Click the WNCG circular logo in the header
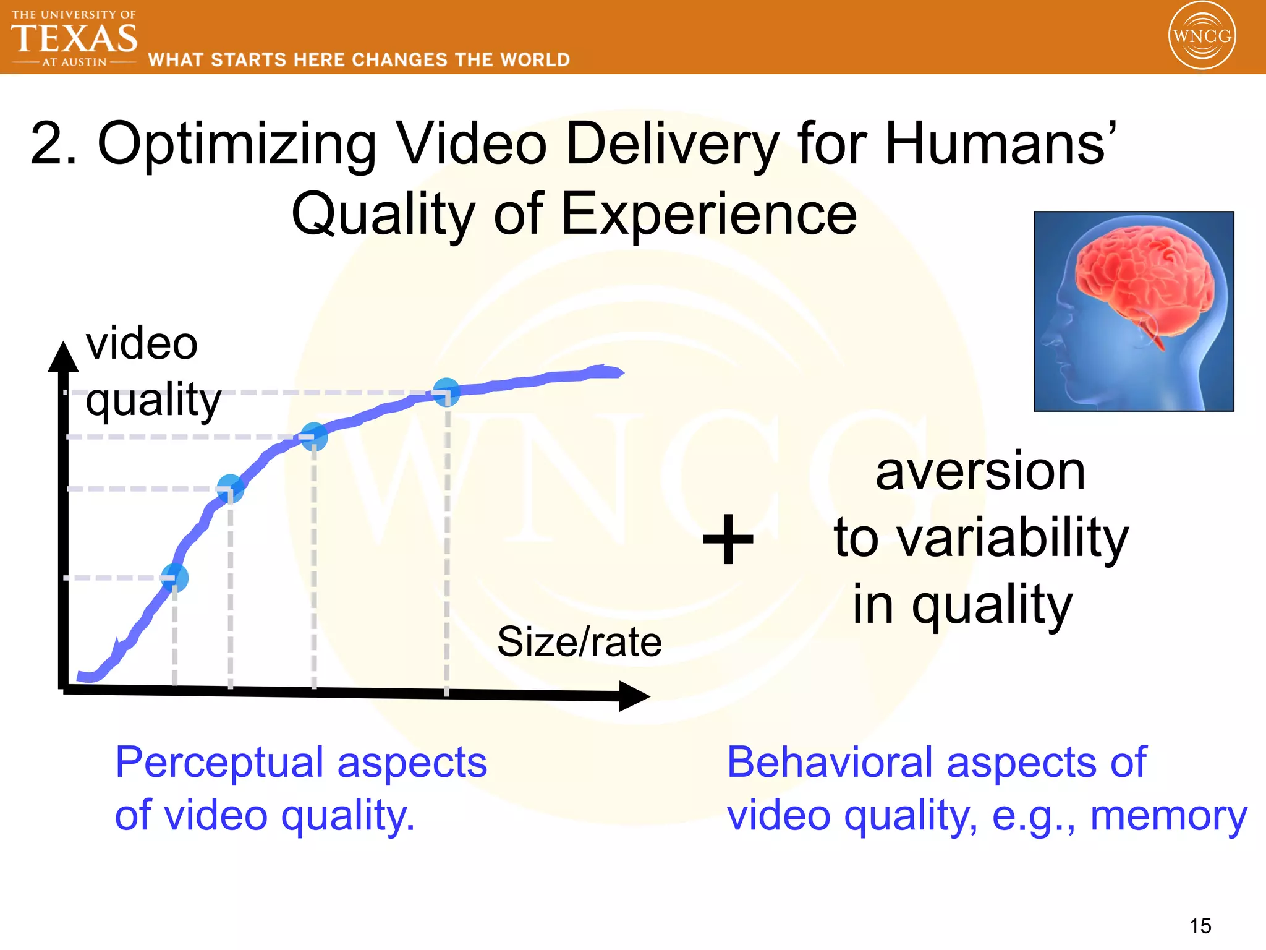pyautogui.click(x=1201, y=35)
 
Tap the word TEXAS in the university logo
pyautogui.click(x=74, y=38)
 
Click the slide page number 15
pyautogui.click(x=1200, y=926)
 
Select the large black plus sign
pyautogui.click(x=728, y=539)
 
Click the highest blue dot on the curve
pyautogui.click(x=446, y=392)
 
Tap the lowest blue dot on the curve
pyautogui.click(x=175, y=578)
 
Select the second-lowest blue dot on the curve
pyautogui.click(x=231, y=489)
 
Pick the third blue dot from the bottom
pyautogui.click(x=314, y=437)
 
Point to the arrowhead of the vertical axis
pyautogui.click(x=63, y=357)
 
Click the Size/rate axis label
pyautogui.click(x=579, y=641)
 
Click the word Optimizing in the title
pyautogui.click(x=237, y=143)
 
